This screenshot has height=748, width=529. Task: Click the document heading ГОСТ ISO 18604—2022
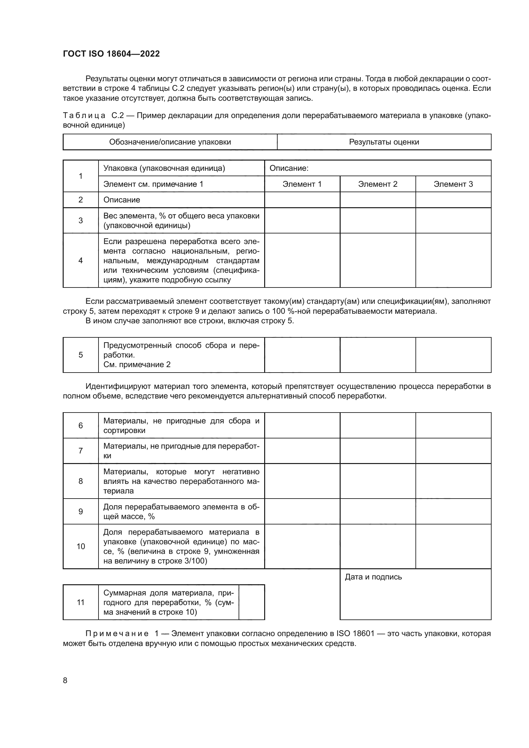(x=111, y=54)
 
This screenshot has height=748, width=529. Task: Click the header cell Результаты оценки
(x=384, y=142)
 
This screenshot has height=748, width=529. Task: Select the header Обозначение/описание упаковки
(x=170, y=142)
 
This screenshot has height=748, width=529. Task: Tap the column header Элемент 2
(x=377, y=184)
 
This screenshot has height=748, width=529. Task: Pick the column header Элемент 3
(x=453, y=184)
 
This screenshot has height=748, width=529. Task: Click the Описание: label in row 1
(x=289, y=168)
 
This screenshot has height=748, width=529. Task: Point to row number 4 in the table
(x=81, y=260)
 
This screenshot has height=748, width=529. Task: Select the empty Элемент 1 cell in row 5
(x=302, y=355)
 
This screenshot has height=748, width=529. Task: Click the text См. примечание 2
(x=137, y=365)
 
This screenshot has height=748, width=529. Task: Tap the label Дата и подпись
(x=373, y=577)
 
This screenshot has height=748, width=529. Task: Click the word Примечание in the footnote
(x=117, y=634)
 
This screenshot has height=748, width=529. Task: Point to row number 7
(x=81, y=451)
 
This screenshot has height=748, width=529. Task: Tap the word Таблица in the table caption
(x=84, y=116)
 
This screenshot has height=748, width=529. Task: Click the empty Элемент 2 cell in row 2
(x=377, y=200)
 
